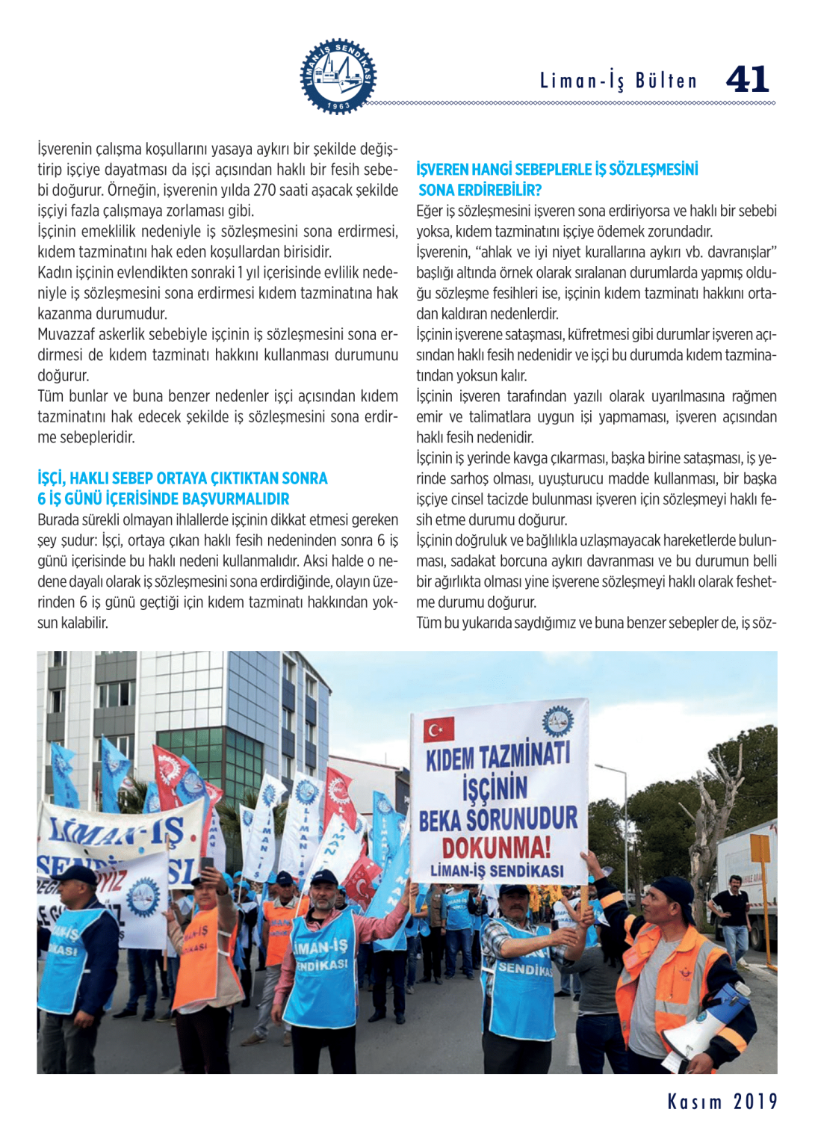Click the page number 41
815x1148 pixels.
[747, 79]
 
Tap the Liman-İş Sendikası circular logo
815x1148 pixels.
[338, 76]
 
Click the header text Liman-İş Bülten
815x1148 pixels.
[618, 81]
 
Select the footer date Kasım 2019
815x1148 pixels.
[722, 1102]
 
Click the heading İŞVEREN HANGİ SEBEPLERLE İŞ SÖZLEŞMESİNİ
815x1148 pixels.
[557, 170]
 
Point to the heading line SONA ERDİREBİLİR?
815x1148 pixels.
[480, 190]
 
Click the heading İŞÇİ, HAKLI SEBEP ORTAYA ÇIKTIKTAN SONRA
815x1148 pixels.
[182, 478]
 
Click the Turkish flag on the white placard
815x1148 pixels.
[439, 729]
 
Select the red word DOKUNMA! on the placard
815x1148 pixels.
[496, 848]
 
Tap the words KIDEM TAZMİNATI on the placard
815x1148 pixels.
[498, 756]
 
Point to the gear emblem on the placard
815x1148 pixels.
[557, 721]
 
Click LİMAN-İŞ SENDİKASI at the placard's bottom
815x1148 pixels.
[497, 871]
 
